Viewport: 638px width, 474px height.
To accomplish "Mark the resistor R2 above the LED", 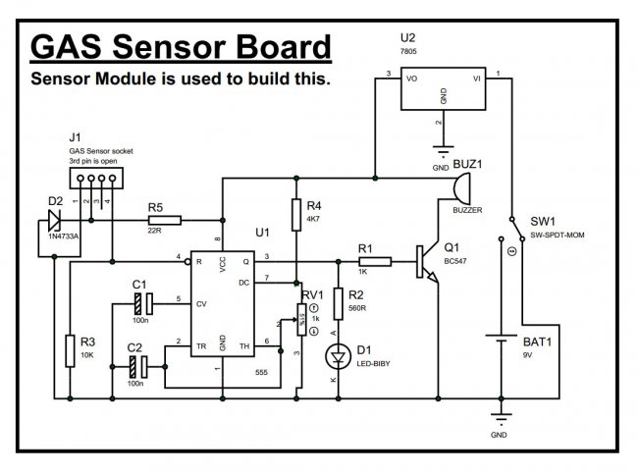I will point(339,304).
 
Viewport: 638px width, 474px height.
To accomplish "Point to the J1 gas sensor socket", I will point(93,179).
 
